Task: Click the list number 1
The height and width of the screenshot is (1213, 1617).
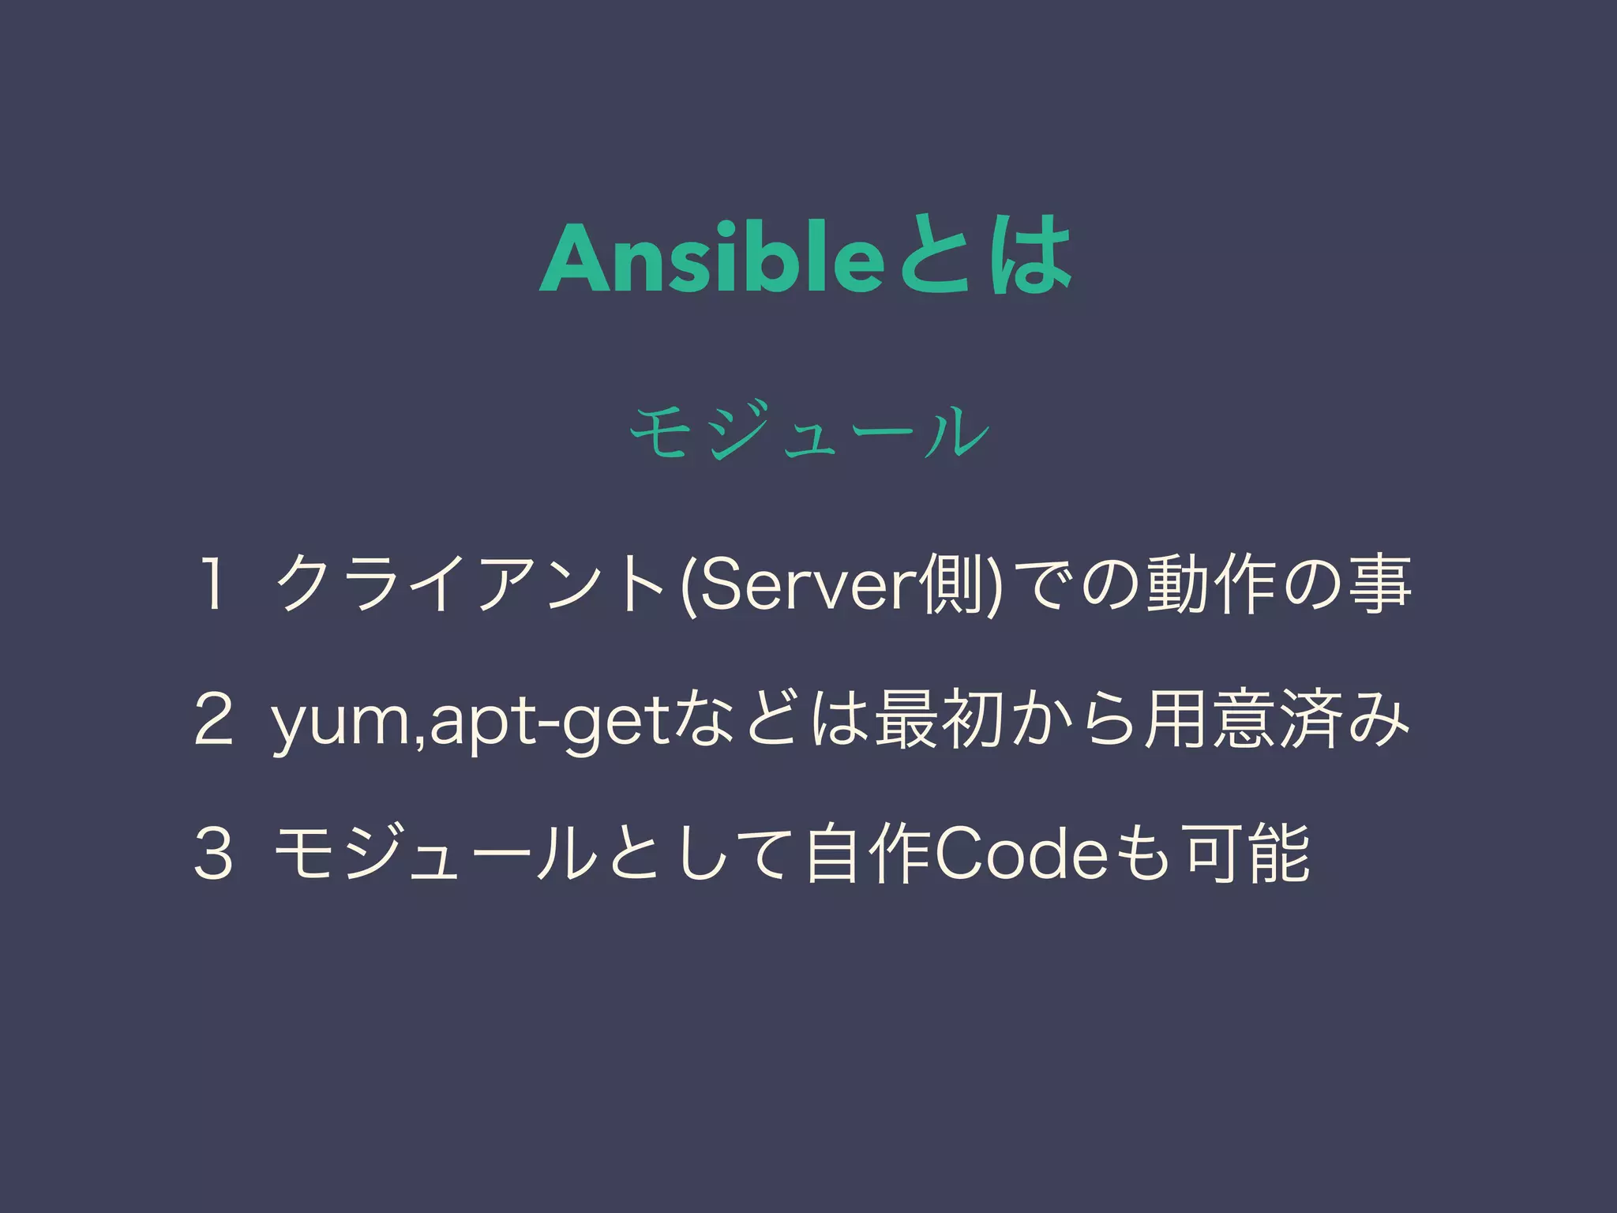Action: [211, 585]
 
